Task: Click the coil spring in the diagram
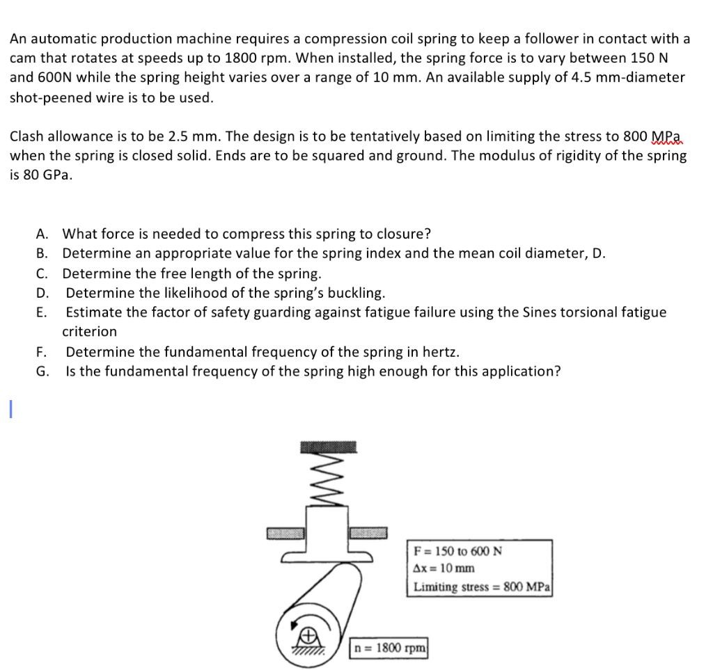pyautogui.click(x=329, y=481)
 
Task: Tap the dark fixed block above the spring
pyautogui.click(x=329, y=447)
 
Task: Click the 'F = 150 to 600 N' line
pyautogui.click(x=457, y=551)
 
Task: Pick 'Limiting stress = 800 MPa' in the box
pyautogui.click(x=481, y=587)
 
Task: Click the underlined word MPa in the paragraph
pyautogui.click(x=666, y=136)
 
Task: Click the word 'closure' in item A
pyautogui.click(x=405, y=233)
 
